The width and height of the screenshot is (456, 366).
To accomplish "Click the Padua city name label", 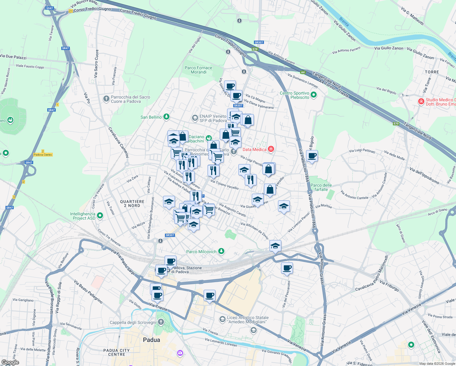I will (x=151, y=340).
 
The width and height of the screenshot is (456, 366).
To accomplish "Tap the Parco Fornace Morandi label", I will (x=198, y=70).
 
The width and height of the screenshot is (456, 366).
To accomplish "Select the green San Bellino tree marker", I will (x=166, y=117).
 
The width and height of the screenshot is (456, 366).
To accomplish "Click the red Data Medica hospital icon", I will (x=271, y=149).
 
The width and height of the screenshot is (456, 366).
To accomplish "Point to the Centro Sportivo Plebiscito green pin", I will (x=314, y=95).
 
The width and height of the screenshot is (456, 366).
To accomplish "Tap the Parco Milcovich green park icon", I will (x=221, y=251).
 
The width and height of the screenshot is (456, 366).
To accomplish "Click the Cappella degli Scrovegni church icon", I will (x=161, y=322).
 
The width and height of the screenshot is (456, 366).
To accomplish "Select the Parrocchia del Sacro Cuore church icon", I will (x=106, y=99).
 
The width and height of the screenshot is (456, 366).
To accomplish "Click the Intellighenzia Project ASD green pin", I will (x=100, y=216).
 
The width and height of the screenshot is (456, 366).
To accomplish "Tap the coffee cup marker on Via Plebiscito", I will (x=312, y=156).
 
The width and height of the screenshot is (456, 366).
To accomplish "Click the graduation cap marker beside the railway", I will (x=275, y=246).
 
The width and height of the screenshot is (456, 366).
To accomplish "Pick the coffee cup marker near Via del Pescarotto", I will (x=287, y=268).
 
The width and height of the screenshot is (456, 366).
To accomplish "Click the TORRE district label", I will (x=432, y=72).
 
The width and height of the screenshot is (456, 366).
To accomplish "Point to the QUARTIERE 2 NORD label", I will (x=132, y=203).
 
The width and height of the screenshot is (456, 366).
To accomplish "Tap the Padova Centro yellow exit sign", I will (x=43, y=155).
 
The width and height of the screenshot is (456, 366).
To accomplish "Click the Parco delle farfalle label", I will (x=321, y=187).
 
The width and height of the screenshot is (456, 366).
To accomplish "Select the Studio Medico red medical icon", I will (x=421, y=101).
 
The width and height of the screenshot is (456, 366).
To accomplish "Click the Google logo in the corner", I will (x=10, y=362).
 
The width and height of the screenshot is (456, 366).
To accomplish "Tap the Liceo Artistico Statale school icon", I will (x=222, y=319).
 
